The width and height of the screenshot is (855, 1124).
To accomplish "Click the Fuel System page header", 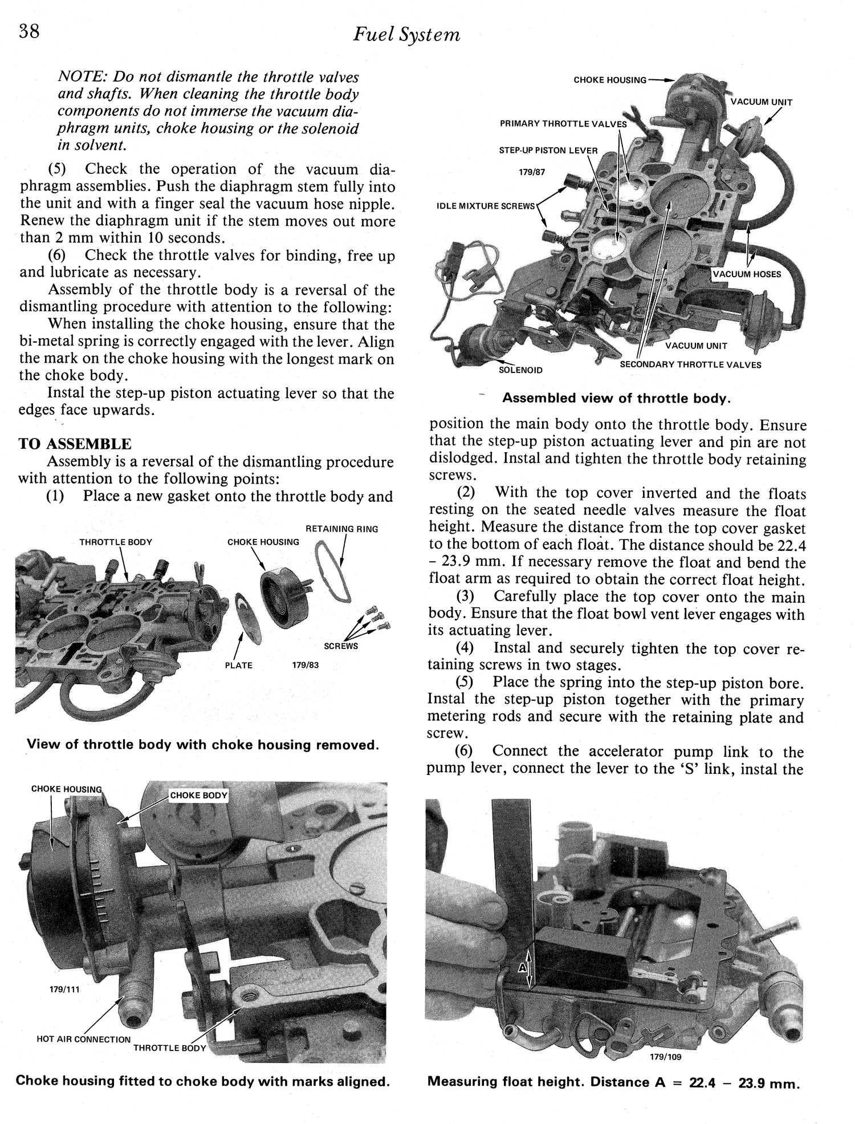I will [406, 35].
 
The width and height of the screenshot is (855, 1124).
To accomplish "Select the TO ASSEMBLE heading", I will [75, 444].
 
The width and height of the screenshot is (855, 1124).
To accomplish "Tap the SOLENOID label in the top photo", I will [520, 370].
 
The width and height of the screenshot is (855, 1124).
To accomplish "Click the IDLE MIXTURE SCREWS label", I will [486, 206].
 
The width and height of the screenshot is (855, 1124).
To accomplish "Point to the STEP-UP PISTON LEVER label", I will [548, 151].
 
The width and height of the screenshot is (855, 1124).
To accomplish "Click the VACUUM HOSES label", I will [747, 274].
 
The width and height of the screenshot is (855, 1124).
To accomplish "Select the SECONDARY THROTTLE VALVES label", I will [690, 364].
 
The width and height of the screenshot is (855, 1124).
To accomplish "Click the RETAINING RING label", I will [342, 529].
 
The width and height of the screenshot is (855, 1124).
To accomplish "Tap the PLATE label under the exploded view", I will [239, 665].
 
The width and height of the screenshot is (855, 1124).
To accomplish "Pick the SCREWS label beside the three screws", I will [341, 646].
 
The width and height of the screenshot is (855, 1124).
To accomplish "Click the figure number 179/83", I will [306, 665].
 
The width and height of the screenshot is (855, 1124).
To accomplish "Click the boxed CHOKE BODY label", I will [198, 796].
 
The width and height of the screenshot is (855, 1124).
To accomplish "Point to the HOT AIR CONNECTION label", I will [83, 1039].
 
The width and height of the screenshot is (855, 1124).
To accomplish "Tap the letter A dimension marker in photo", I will [522, 968].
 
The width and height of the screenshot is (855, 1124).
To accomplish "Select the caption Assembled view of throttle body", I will [616, 399].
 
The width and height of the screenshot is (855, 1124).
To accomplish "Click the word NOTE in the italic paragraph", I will [82, 77].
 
